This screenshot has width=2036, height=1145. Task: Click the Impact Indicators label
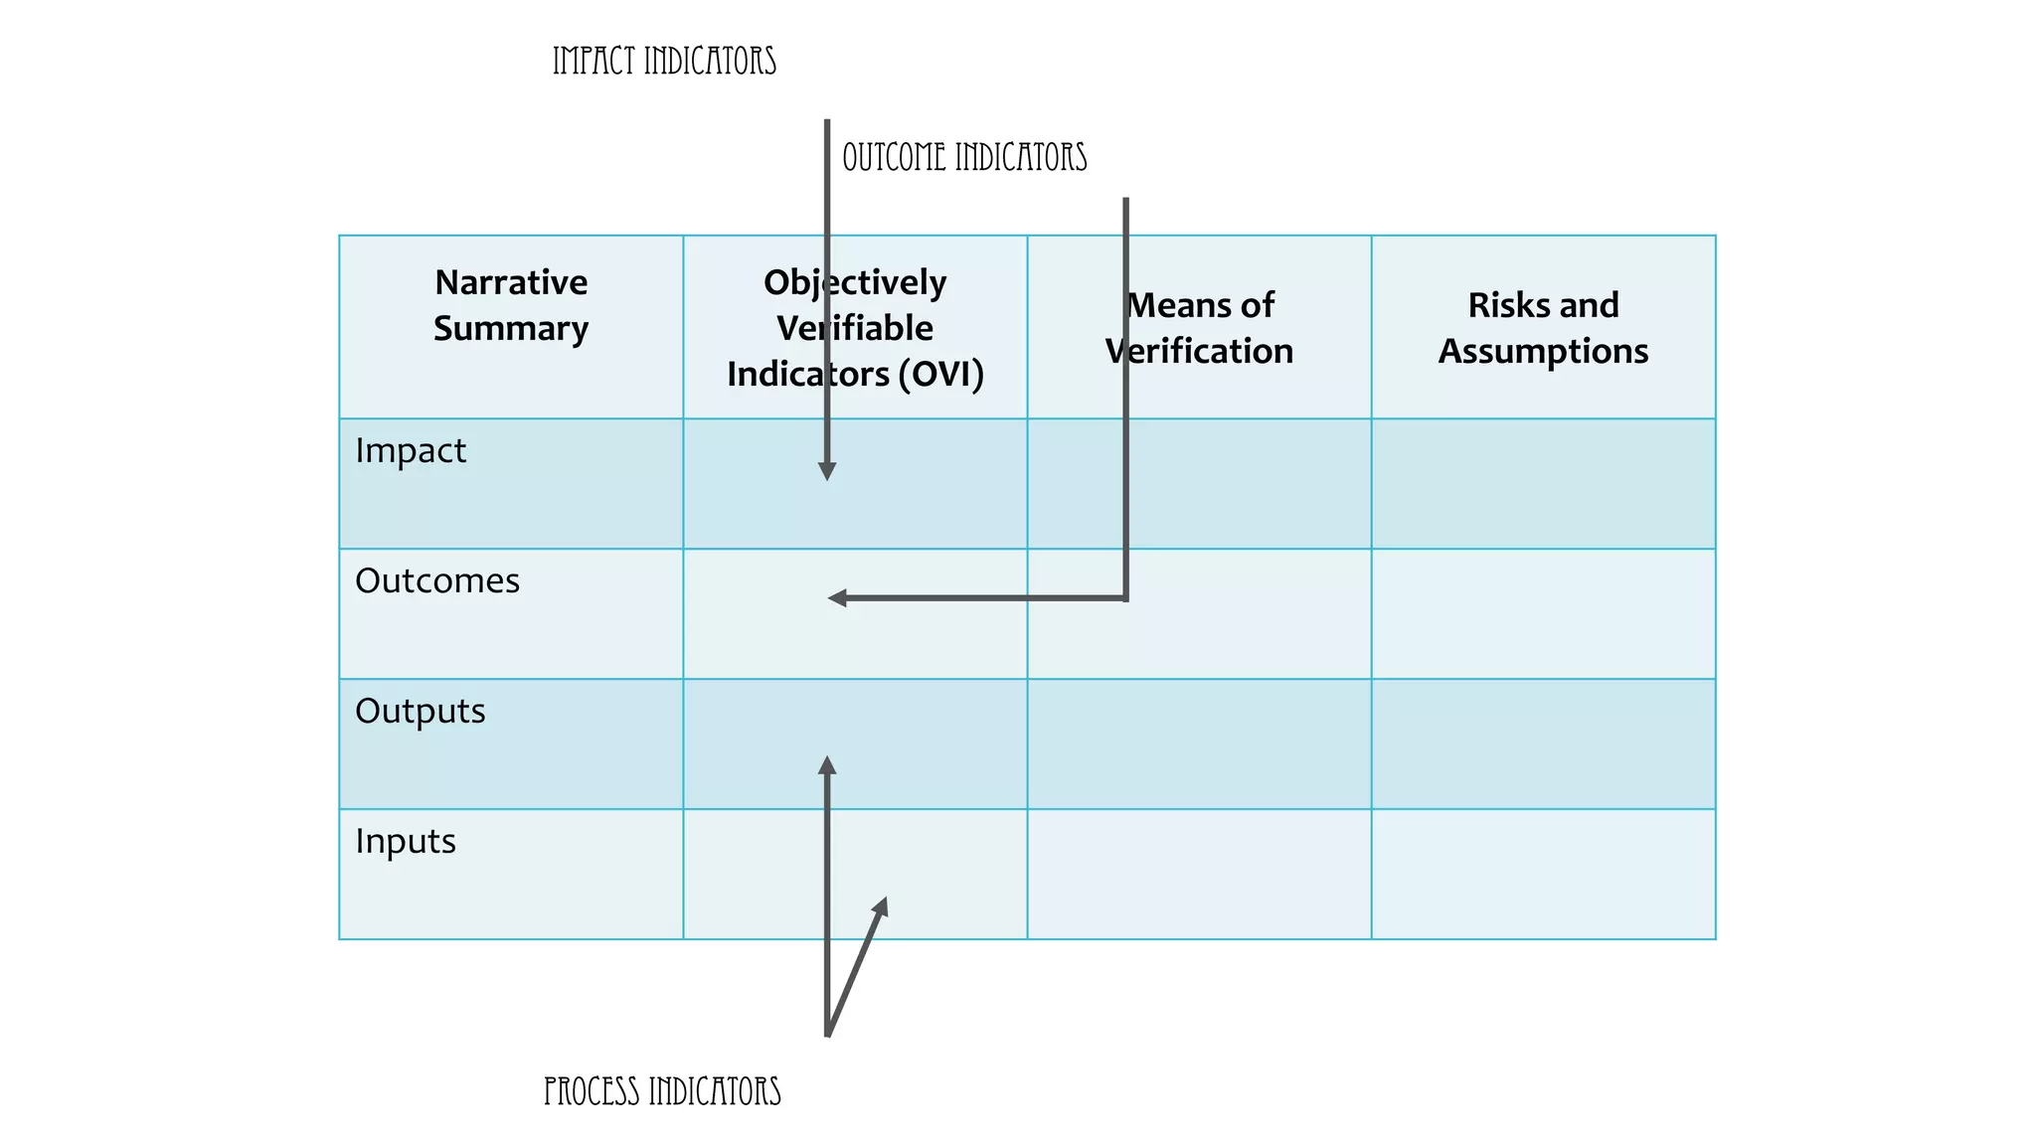[664, 62]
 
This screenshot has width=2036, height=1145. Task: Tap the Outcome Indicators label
[964, 158]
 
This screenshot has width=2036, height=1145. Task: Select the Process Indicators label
[662, 1091]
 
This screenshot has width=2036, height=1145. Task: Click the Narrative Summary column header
[511, 305]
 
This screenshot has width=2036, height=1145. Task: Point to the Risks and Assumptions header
[1543, 328]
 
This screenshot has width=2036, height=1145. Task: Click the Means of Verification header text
[1199, 328]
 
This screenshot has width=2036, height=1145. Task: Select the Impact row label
[411, 451]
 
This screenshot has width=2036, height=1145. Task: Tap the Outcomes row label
[437, 581]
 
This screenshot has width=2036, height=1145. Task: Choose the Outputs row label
[421, 712]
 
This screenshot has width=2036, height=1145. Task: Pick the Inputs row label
[406, 842]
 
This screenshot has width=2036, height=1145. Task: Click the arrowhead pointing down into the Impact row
[827, 471]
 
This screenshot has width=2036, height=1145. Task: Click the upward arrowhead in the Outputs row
[827, 765]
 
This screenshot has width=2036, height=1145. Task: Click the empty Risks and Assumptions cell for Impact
[1543, 484]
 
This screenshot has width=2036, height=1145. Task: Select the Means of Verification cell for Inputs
[1199, 875]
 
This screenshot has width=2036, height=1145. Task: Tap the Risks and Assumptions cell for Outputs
[1543, 744]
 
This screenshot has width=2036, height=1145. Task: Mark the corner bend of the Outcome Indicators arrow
[1125, 598]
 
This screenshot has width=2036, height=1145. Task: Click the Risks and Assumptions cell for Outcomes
[1543, 614]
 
